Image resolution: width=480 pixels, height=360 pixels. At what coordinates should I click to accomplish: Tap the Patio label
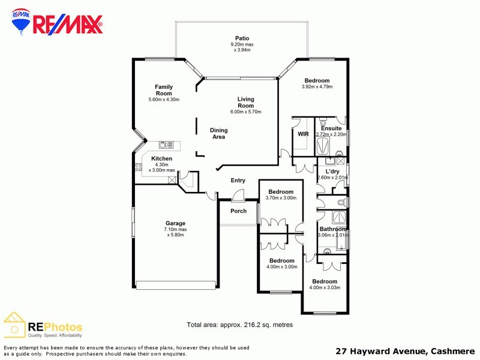(242, 38)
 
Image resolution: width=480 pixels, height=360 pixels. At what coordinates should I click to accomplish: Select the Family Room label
(164, 90)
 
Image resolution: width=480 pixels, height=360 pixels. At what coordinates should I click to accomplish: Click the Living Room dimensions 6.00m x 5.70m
(245, 112)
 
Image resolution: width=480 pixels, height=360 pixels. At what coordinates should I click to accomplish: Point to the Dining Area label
(218, 133)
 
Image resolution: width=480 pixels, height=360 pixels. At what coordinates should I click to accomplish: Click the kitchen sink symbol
(166, 145)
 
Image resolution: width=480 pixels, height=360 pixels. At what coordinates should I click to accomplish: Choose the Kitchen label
(161, 158)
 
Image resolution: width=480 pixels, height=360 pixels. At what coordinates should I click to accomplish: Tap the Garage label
(175, 223)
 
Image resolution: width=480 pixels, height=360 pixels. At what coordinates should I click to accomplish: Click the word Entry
(238, 181)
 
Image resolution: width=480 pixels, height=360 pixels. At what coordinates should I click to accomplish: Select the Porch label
(238, 211)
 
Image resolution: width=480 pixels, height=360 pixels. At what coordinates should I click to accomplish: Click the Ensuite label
(331, 128)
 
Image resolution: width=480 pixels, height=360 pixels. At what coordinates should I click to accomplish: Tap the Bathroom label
(332, 229)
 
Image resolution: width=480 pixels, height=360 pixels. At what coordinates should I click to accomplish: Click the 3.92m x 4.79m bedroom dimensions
(317, 87)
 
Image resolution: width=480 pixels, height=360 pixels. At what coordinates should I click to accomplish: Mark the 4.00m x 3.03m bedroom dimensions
(324, 288)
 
